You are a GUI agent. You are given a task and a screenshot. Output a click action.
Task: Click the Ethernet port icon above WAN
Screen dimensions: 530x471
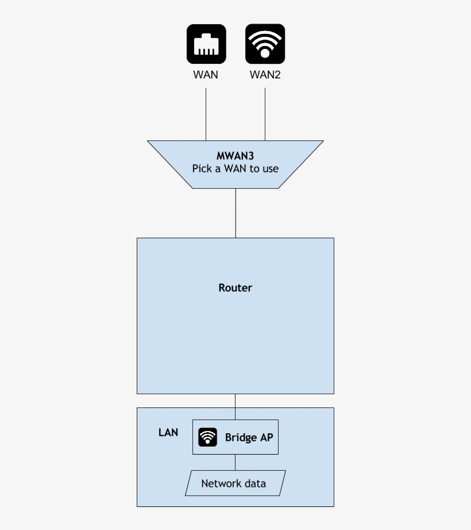[206, 44]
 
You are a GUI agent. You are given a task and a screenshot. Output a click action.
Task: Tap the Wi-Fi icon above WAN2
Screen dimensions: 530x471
[265, 44]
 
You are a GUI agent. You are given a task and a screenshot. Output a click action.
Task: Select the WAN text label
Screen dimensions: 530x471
[206, 75]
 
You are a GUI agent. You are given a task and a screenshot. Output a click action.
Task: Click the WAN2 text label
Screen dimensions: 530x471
[265, 75]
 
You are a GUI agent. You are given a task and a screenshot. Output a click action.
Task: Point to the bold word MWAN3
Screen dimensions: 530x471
[235, 156]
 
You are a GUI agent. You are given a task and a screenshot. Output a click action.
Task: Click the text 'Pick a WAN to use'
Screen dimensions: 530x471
[235, 169]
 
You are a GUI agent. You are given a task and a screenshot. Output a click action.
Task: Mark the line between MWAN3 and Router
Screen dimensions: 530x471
[235, 213]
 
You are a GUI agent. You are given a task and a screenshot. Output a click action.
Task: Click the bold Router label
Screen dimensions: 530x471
[235, 288]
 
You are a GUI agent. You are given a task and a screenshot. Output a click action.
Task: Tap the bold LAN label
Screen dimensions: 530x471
[168, 432]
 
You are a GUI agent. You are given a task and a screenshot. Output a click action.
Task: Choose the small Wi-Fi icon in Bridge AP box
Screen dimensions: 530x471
[208, 437]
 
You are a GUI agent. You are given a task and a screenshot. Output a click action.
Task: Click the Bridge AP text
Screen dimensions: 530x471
[249, 437]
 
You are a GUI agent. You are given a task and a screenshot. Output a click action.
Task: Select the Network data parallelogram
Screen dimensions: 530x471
[235, 483]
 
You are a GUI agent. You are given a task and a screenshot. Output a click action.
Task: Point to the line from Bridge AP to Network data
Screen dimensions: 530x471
[235, 462]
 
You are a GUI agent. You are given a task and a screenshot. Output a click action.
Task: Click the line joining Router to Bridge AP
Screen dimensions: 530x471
[235, 406]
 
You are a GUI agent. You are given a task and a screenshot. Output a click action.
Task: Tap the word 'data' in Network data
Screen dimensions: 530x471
[255, 483]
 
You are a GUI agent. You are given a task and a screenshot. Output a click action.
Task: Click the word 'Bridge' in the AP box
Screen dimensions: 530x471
[241, 438]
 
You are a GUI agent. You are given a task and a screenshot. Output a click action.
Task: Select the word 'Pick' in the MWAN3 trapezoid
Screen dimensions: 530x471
[202, 169]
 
